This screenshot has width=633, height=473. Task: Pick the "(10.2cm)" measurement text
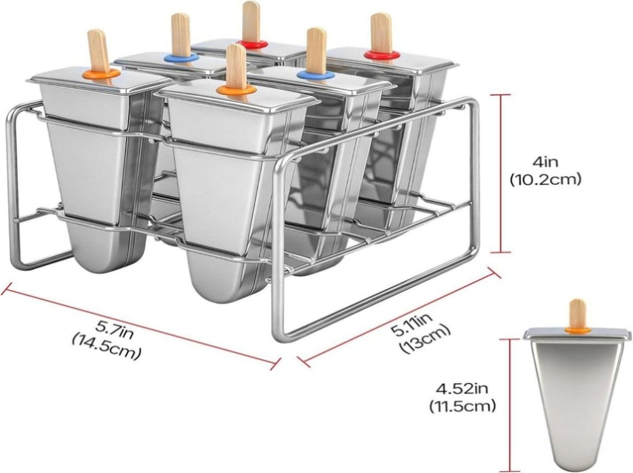click(545, 179)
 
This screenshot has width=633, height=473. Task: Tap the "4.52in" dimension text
click(462, 389)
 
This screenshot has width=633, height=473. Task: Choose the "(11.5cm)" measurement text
click(462, 406)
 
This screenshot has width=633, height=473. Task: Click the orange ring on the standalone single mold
click(577, 330)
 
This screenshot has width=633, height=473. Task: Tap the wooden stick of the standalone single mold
click(577, 313)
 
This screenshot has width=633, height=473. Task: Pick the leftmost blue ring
click(182, 59)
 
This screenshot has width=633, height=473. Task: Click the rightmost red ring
click(381, 54)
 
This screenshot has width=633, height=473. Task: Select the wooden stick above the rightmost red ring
click(380, 32)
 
